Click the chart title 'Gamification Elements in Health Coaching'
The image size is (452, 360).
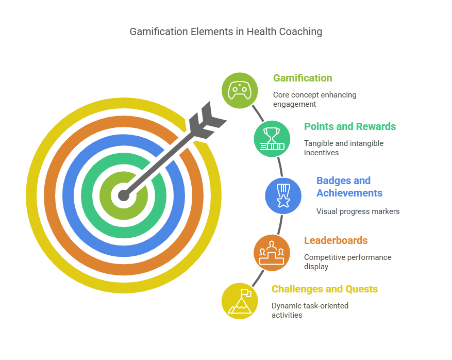[x=226, y=31]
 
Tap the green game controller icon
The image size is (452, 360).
[x=240, y=90]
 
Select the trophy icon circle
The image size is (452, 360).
[x=272, y=139]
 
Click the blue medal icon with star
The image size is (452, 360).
[x=283, y=195]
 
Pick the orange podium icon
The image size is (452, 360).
[x=272, y=253]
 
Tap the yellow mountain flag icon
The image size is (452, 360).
[x=240, y=301]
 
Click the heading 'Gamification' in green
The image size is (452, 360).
[x=303, y=78]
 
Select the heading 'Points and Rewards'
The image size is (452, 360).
[x=349, y=126]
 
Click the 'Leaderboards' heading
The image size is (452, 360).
[x=336, y=240]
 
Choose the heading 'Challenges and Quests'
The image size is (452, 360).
[x=325, y=289]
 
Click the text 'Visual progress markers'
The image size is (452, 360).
[x=358, y=211]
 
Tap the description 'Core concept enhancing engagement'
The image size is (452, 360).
[x=314, y=100]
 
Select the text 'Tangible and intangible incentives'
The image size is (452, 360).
[x=343, y=148]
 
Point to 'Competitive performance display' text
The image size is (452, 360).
[x=347, y=261]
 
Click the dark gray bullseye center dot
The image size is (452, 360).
[x=124, y=195]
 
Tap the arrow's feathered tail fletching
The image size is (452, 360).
[x=206, y=120]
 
